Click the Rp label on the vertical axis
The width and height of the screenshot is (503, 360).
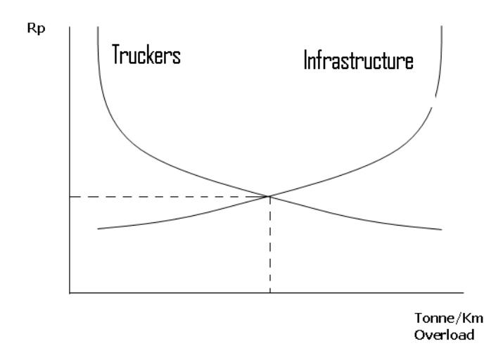click(x=36, y=29)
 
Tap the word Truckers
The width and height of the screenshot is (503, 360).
click(x=146, y=55)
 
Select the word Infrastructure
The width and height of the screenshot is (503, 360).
click(x=358, y=60)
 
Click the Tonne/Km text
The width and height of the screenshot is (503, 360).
click(x=448, y=319)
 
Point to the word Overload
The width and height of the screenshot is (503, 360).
click(x=445, y=335)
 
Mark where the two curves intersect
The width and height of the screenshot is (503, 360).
click(x=269, y=196)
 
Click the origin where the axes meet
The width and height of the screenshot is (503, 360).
click(x=70, y=292)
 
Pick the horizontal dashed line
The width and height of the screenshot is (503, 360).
click(x=170, y=196)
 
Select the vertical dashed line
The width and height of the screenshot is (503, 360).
click(x=270, y=244)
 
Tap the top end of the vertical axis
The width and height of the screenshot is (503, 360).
click(x=70, y=27)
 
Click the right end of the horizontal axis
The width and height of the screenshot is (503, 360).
click(x=464, y=292)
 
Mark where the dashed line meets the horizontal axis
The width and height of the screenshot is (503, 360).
click(x=270, y=292)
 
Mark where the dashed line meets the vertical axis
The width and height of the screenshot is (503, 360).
click(x=70, y=196)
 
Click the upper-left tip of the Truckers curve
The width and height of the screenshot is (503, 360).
click(x=98, y=27)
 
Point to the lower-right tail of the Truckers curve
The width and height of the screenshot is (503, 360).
click(x=442, y=229)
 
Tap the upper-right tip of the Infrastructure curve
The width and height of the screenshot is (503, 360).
click(x=442, y=26)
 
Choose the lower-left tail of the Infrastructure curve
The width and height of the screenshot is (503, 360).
click(x=98, y=229)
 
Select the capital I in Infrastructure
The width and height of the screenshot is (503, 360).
click(x=305, y=60)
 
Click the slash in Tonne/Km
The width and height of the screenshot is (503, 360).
click(x=458, y=319)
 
